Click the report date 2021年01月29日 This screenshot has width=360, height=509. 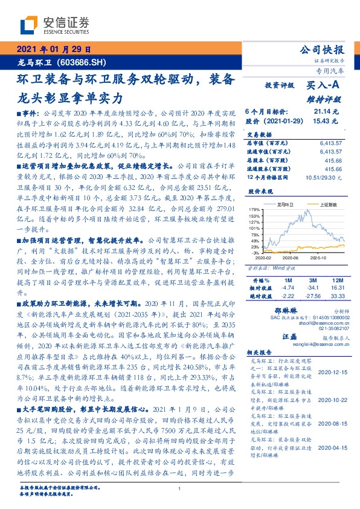tap(54, 49)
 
